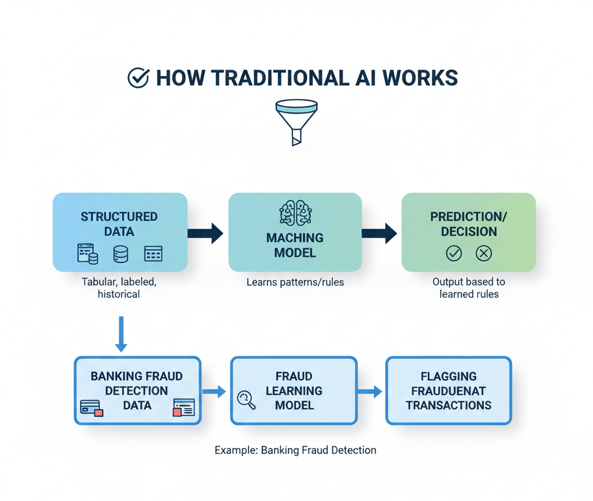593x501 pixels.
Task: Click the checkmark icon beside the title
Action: [x=138, y=78]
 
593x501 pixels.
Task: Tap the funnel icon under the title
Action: [x=296, y=122]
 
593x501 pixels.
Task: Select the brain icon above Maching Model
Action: [x=295, y=213]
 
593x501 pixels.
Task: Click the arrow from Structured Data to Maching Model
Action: [x=206, y=233]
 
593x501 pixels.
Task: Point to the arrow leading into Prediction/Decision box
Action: [x=380, y=233]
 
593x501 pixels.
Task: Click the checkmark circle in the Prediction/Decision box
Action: [x=453, y=253]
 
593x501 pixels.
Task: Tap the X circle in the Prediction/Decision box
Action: [x=484, y=253]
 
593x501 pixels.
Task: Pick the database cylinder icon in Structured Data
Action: [x=120, y=254]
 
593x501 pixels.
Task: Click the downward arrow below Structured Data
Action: [x=120, y=334]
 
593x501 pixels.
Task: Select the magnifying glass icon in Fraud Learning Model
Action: [x=246, y=400]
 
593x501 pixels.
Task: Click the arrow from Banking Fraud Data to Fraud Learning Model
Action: [x=214, y=392]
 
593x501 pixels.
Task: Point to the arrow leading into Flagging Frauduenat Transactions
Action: [x=371, y=392]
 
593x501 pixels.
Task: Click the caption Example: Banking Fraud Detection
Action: [x=295, y=450]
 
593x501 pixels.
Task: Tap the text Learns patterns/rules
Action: [x=295, y=283]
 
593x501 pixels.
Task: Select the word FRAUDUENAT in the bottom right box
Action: [x=449, y=391]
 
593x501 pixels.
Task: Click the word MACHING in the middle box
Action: [x=295, y=238]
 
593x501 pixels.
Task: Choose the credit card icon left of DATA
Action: [x=91, y=408]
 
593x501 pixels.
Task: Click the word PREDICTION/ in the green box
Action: [x=468, y=217]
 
